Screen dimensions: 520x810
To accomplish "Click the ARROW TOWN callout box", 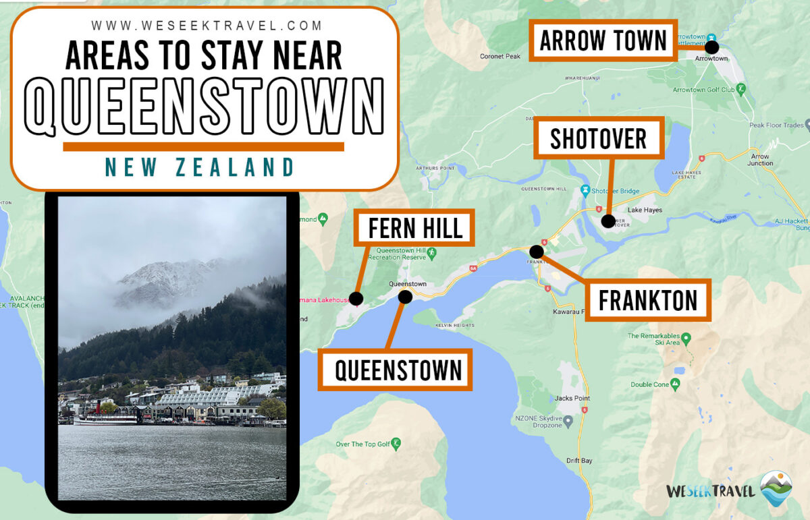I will [603, 41].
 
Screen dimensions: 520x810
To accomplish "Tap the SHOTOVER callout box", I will [598, 138].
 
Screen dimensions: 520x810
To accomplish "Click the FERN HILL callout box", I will [415, 228].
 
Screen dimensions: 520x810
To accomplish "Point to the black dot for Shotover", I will [607, 221].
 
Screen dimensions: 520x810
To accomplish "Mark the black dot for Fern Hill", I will [356, 298].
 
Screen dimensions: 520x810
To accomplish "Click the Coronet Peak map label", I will [500, 57].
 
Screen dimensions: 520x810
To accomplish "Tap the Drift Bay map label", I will [579, 461].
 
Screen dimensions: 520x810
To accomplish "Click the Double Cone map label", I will [650, 384].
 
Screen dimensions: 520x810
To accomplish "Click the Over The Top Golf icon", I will [396, 444].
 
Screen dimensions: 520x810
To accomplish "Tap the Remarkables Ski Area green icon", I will [686, 337].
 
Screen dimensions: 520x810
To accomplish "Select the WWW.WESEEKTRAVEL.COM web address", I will [207, 26].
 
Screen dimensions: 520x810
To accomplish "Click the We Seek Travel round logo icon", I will [776, 488].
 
